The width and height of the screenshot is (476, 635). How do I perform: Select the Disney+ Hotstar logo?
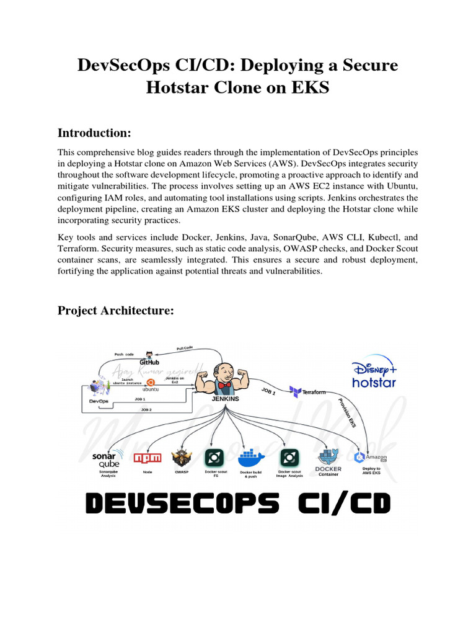click(373, 374)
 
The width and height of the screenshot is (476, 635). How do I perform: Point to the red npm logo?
click(148, 458)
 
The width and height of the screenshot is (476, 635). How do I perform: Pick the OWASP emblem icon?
click(181, 458)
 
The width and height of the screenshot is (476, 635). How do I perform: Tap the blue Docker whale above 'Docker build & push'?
click(250, 458)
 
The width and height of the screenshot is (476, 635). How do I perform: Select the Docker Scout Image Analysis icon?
click(289, 458)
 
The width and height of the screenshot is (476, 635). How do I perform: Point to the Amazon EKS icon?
click(370, 458)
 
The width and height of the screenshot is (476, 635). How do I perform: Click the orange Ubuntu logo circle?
click(151, 383)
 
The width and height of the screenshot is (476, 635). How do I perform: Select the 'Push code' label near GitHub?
click(124, 354)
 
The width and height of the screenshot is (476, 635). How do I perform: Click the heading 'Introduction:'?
click(95, 133)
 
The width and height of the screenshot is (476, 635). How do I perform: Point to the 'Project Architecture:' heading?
click(116, 310)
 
